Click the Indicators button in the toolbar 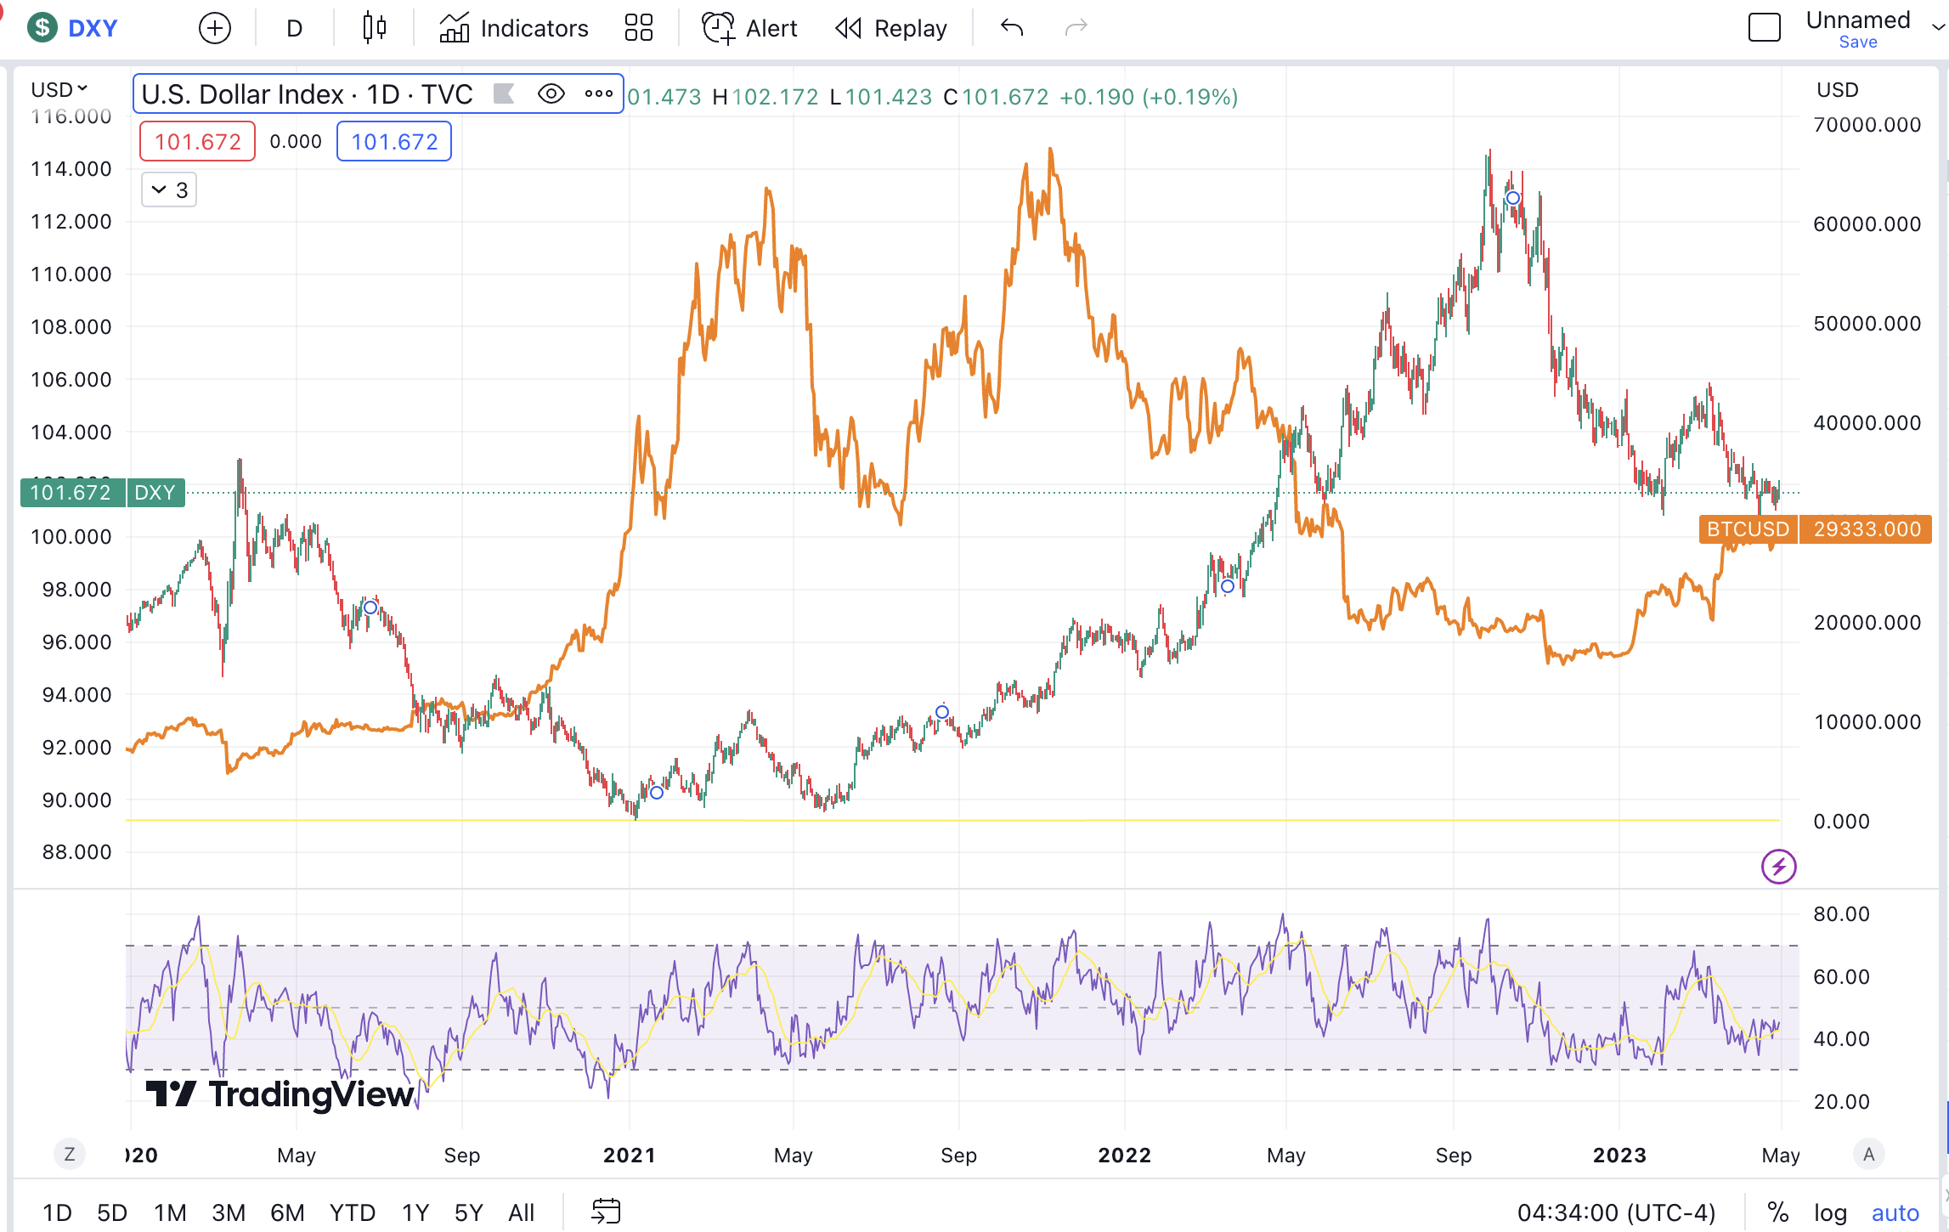[514, 28]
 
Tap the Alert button [750, 28]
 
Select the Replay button [891, 28]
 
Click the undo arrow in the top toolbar [1011, 28]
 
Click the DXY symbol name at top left [92, 28]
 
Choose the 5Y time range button [468, 1212]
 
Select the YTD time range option [352, 1212]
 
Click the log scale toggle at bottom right [1830, 1212]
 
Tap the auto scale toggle [1895, 1212]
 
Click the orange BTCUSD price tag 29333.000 [1866, 529]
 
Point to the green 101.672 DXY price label [71, 493]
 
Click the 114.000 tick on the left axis [71, 169]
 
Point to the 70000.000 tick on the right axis [1867, 125]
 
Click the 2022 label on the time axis [1124, 1156]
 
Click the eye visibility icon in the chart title [551, 93]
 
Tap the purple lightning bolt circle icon [1778, 867]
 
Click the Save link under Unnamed [1858, 42]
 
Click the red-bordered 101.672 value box [197, 141]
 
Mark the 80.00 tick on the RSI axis [1841, 914]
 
